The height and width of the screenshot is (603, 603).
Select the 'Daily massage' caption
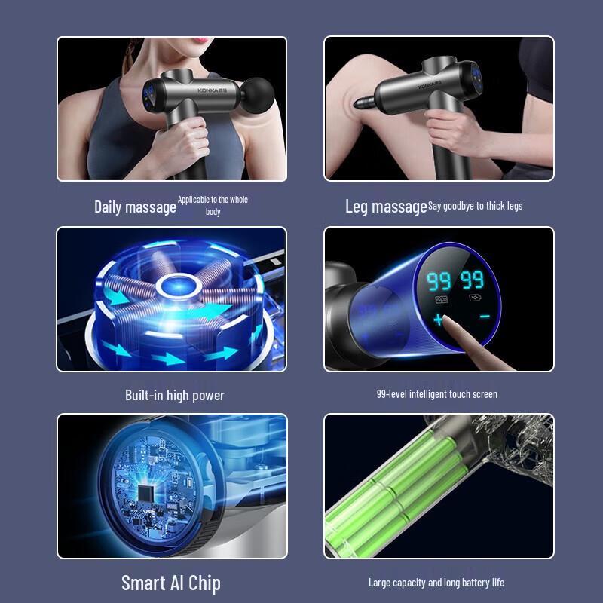click(135, 207)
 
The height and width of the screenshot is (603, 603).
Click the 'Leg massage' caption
click(386, 207)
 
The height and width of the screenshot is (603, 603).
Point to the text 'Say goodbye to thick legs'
click(475, 206)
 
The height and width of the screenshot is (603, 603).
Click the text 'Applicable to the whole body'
click(213, 206)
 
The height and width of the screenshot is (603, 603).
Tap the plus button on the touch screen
click(439, 319)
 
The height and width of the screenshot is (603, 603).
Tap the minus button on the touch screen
click(484, 317)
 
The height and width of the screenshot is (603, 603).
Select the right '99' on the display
click(473, 281)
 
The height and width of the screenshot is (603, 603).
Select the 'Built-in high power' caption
click(174, 395)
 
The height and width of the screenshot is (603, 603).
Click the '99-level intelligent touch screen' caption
click(436, 394)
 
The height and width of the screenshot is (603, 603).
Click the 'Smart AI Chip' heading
click(171, 583)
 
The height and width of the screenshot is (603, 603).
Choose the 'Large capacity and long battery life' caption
click(436, 583)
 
